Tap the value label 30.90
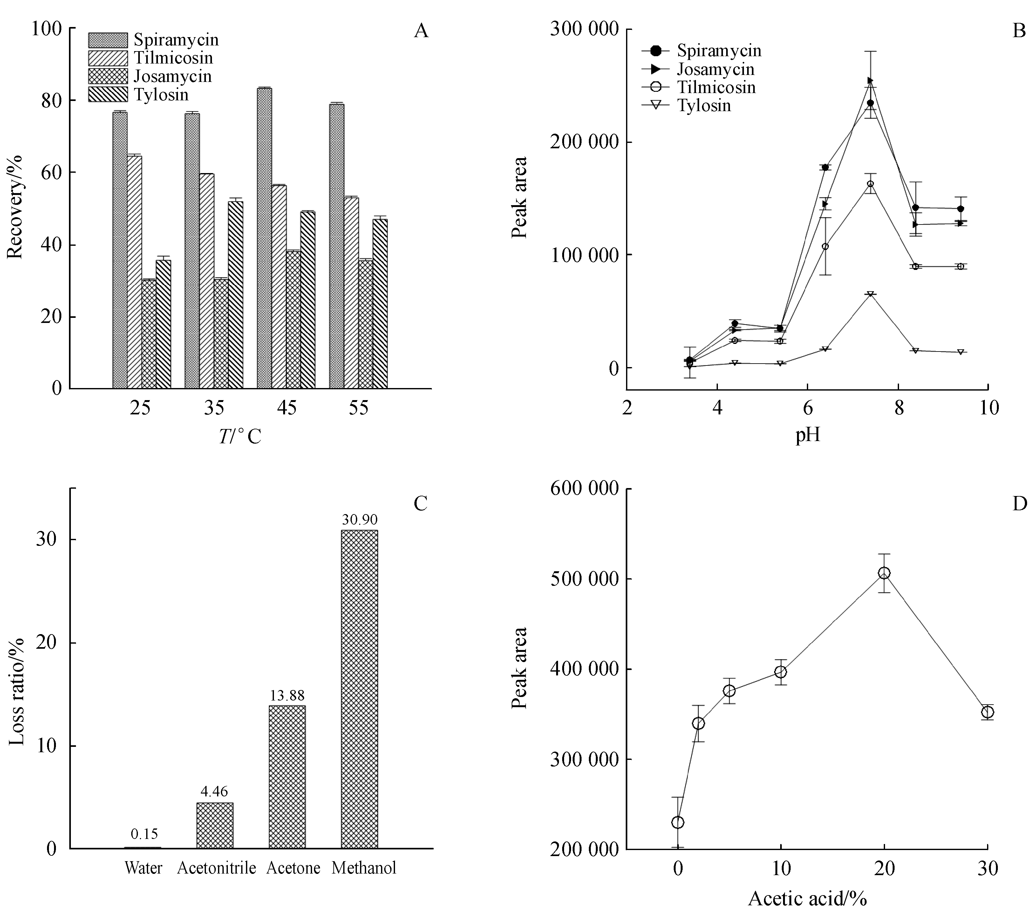[359, 519]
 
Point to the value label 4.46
[215, 791]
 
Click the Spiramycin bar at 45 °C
[264, 238]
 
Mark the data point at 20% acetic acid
[884, 573]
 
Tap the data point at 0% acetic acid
[678, 822]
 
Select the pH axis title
[808, 434]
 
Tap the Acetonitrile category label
[216, 868]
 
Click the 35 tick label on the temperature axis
[214, 407]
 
